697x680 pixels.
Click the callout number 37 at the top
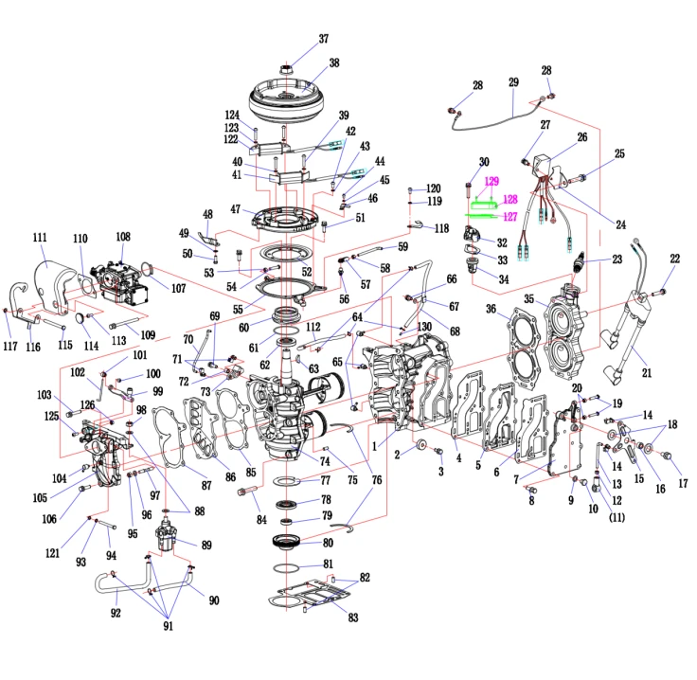tap(324, 39)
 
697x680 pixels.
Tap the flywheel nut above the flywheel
tap(286, 69)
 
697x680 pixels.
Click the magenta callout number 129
tap(491, 181)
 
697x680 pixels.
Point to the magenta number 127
tap(510, 217)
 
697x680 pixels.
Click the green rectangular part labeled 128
tap(484, 206)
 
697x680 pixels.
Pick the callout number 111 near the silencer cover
tap(40, 237)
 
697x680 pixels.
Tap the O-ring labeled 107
tap(148, 268)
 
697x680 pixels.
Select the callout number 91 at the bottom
tap(168, 626)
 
